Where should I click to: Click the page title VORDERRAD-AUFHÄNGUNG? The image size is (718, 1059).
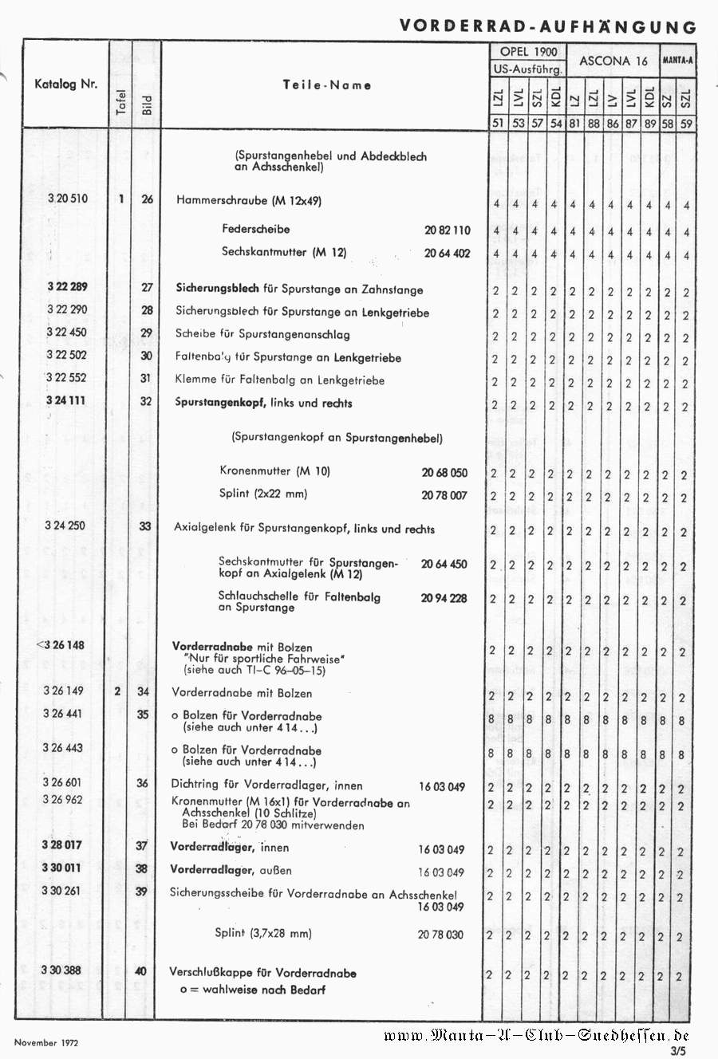(547, 26)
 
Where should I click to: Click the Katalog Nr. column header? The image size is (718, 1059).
(65, 84)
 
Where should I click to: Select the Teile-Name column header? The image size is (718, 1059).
(327, 85)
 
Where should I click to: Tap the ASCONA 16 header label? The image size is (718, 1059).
(613, 61)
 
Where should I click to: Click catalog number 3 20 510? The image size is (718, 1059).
(67, 199)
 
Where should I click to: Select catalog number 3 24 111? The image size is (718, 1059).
(65, 400)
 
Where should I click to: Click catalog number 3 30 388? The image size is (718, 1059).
(61, 970)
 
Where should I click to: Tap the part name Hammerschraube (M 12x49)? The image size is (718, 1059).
(249, 201)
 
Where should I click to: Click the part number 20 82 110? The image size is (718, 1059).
(447, 230)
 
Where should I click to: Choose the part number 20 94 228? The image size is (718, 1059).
(444, 598)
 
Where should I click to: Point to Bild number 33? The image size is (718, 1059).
(145, 526)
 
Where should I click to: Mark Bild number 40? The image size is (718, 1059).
(141, 971)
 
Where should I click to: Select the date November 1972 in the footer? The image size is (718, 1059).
(46, 1042)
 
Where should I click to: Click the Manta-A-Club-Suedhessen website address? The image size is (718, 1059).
(535, 1036)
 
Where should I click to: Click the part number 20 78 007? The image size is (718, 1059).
(444, 495)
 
